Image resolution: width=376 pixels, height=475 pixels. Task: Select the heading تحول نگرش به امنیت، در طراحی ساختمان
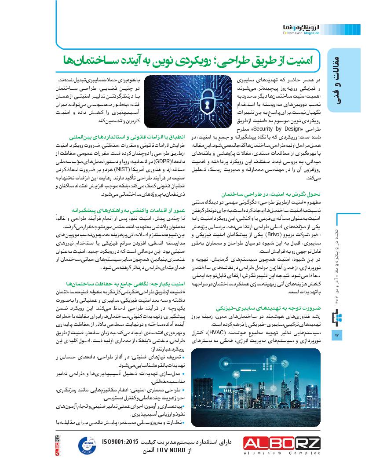(x=277, y=193)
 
